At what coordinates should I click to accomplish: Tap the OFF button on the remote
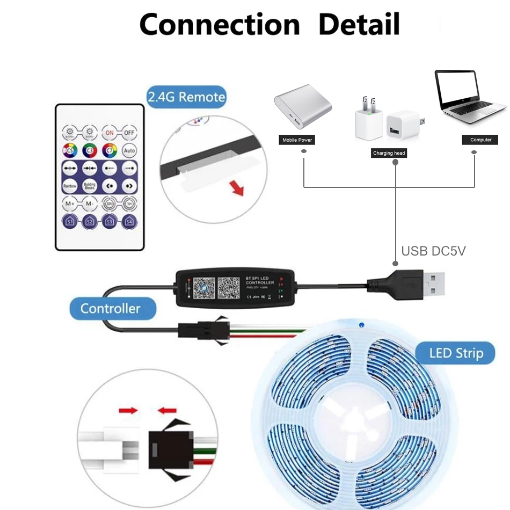(x=129, y=132)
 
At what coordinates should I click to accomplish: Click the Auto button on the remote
(x=129, y=150)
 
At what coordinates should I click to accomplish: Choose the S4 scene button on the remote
(x=129, y=221)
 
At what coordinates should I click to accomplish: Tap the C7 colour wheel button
(x=110, y=150)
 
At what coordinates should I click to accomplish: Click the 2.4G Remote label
(x=186, y=97)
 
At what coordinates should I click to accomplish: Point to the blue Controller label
(x=110, y=309)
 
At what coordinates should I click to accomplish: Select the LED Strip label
(x=456, y=353)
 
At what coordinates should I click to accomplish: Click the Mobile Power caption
(x=297, y=140)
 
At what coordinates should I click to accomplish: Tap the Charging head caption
(x=389, y=154)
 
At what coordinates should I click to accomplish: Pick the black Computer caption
(x=480, y=140)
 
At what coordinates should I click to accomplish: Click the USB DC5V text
(x=433, y=251)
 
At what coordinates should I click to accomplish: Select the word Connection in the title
(x=219, y=24)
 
